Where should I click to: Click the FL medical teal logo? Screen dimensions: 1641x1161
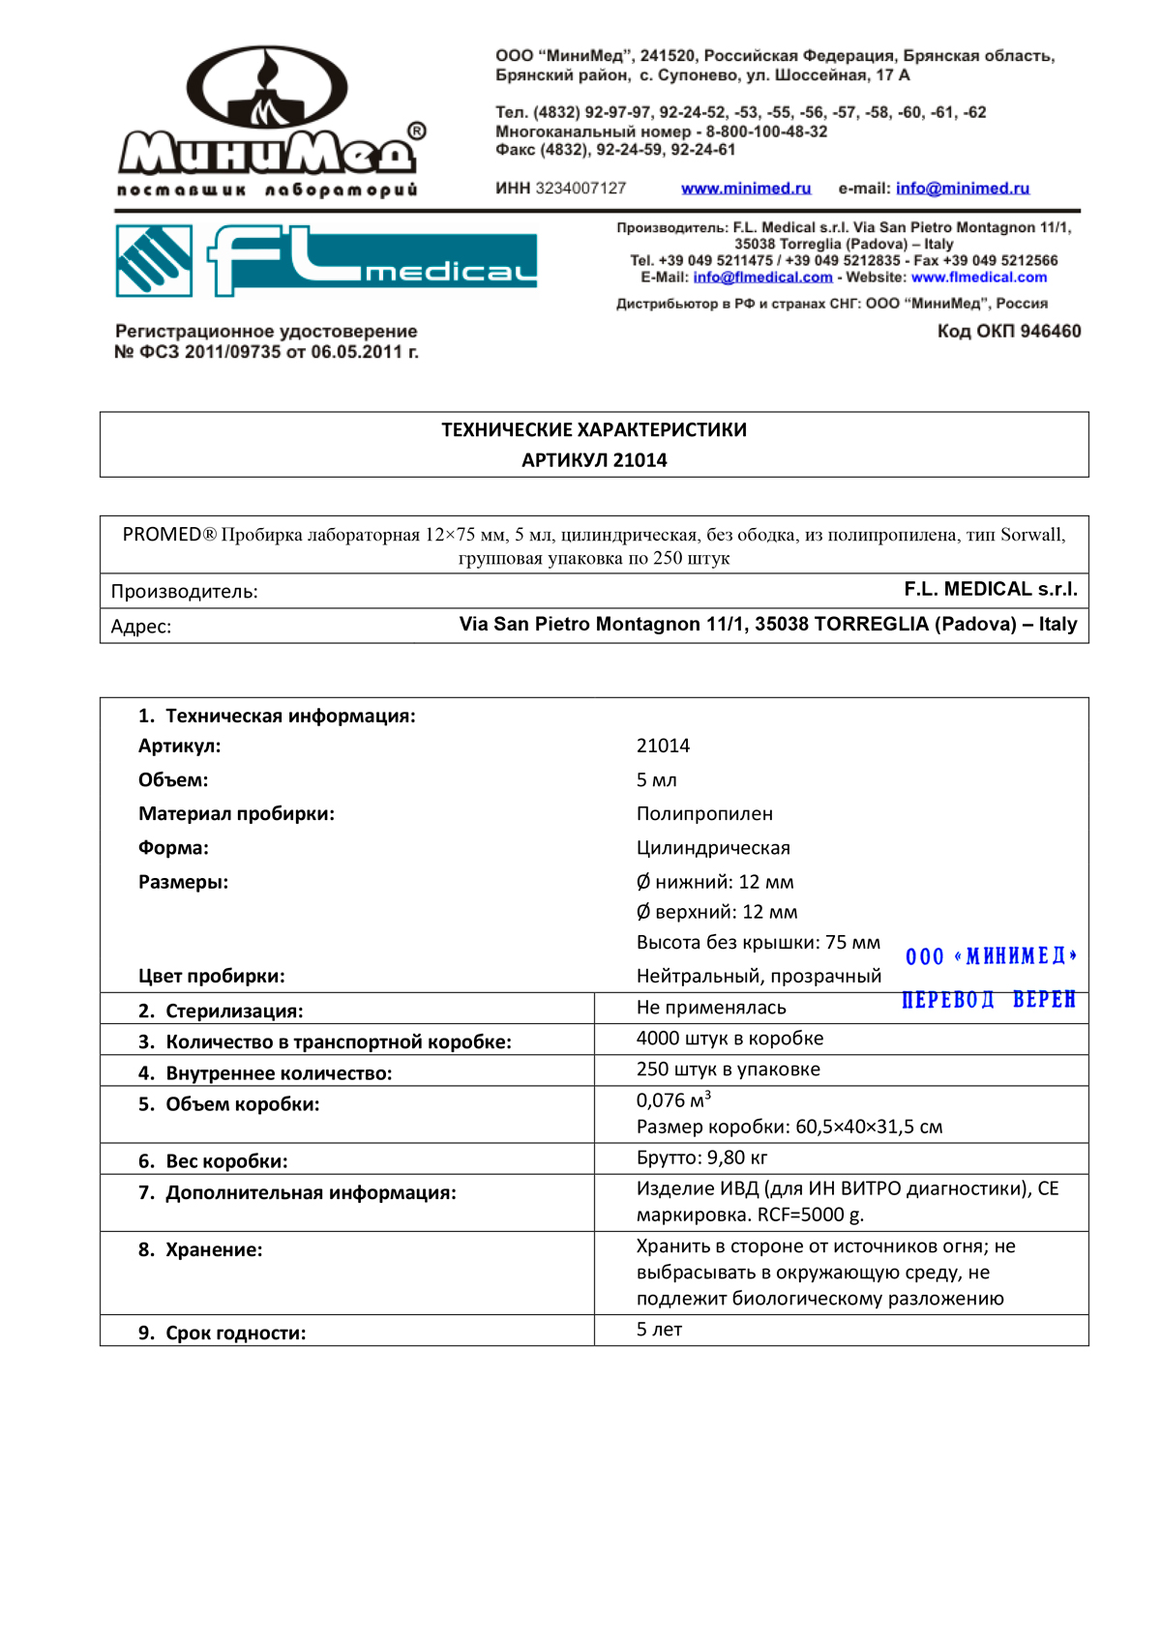coord(327,260)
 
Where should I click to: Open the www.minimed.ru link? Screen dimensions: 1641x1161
coord(746,189)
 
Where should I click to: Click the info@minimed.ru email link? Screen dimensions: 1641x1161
coord(962,189)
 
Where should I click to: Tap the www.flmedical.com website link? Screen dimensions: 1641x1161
coord(978,278)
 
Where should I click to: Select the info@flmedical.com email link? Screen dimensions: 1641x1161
coord(762,278)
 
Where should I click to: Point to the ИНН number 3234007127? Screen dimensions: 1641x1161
coord(580,189)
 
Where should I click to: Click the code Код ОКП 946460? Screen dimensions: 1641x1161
coord(1008,332)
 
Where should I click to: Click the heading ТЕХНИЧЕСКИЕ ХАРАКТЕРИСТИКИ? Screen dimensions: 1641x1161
coord(594,430)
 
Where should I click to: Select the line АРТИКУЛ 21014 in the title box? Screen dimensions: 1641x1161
coord(594,460)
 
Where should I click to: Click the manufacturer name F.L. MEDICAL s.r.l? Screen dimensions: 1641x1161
coord(990,590)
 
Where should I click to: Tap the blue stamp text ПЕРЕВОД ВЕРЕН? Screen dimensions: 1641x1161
coord(988,1000)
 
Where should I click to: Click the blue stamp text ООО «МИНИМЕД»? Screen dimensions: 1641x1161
coord(991,956)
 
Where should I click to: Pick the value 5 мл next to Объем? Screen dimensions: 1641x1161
coord(657,780)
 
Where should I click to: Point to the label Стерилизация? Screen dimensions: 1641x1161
coord(233,1011)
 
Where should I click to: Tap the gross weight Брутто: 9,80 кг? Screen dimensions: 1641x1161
coord(701,1158)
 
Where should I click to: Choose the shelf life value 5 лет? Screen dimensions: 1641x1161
coord(659,1330)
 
